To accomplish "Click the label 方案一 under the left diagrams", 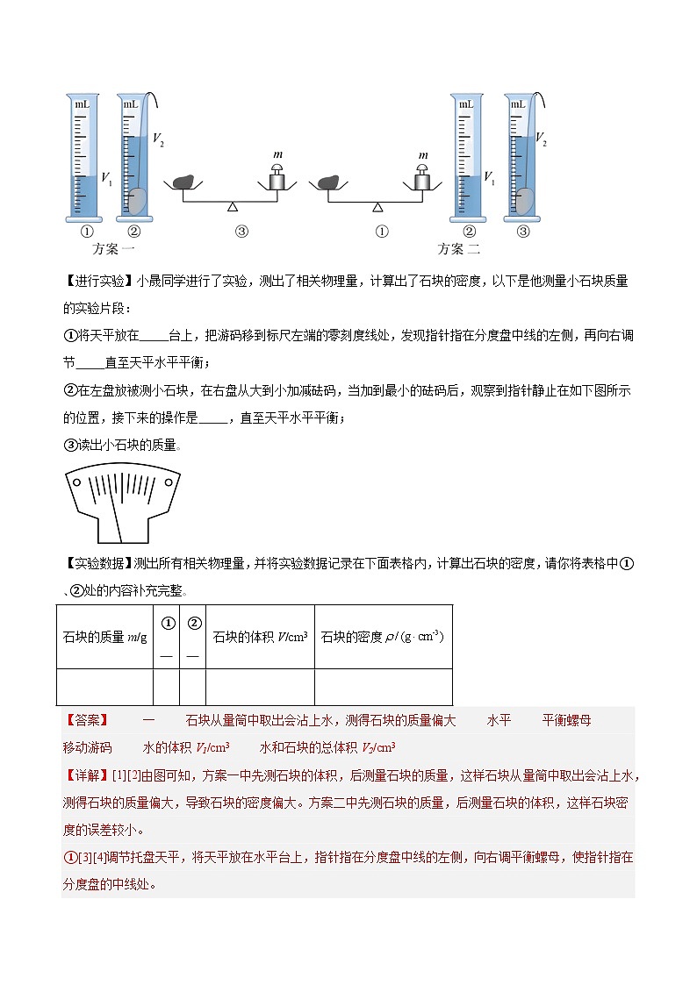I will point(113,249).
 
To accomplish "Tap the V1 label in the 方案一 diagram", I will point(106,180).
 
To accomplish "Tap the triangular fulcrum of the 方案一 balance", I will point(232,206).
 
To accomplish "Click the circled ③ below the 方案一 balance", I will point(242,232).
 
